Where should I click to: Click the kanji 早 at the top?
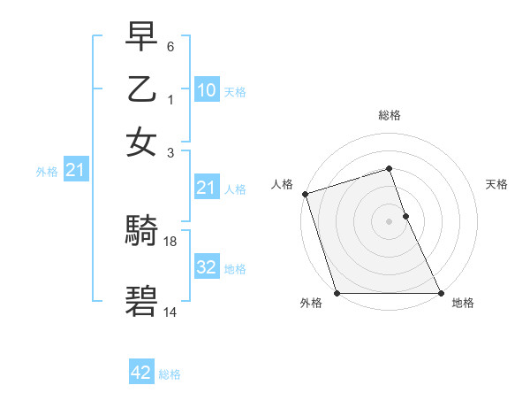(x=142, y=37)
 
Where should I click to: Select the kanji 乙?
(x=142, y=89)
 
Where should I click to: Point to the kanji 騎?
(x=142, y=231)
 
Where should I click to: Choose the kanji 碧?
(x=142, y=301)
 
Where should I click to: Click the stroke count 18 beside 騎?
(x=171, y=241)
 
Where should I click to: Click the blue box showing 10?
(x=206, y=90)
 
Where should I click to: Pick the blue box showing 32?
(x=206, y=267)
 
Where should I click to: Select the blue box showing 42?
(x=141, y=373)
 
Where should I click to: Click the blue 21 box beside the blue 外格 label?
(x=74, y=170)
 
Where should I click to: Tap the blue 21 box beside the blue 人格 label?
(x=206, y=188)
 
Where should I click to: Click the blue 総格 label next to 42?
(x=170, y=374)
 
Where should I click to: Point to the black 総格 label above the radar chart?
(x=390, y=115)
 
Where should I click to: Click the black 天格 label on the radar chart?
(x=496, y=184)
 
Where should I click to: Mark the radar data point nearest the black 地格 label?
(x=440, y=293)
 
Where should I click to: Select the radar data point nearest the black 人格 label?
(x=305, y=194)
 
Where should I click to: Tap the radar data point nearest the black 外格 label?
(x=337, y=293)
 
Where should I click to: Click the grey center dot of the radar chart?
(x=390, y=221)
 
